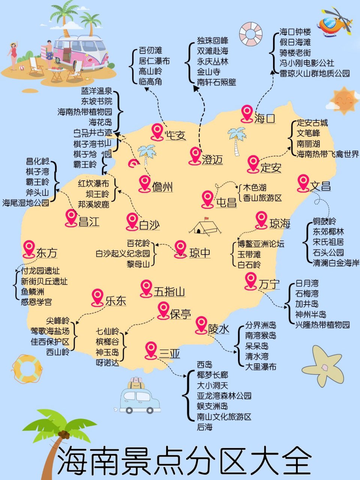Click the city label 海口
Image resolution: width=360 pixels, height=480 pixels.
[265, 119]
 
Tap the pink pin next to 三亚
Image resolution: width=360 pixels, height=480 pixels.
[151, 349]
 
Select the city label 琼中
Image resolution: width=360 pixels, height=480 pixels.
[199, 253]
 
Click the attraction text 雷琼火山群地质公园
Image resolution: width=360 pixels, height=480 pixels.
[315, 73]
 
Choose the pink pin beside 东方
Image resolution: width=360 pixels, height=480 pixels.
[29, 248]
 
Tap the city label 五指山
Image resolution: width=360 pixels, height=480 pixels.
[169, 291]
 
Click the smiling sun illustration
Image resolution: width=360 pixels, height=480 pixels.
[343, 100]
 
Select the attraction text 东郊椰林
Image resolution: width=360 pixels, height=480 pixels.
[328, 231]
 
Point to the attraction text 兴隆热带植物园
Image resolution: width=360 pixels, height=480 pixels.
[322, 324]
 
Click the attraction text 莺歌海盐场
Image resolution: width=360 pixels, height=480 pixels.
[50, 331]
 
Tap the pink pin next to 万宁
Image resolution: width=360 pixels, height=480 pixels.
[250, 280]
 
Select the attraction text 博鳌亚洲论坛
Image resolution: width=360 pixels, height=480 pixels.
[261, 244]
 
